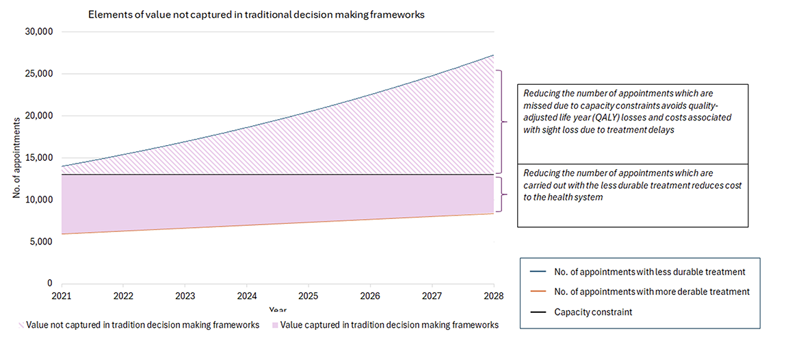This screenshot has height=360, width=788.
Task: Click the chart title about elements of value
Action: click(x=257, y=15)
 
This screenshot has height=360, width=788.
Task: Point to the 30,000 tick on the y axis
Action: click(x=40, y=32)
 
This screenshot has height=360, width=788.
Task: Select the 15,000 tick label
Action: click(x=40, y=158)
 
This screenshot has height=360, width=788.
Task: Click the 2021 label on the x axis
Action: click(x=62, y=296)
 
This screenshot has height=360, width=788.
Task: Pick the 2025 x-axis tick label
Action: click(x=308, y=296)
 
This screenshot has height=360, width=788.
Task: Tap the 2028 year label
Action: click(x=493, y=296)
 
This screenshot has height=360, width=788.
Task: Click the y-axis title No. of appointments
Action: click(x=16, y=158)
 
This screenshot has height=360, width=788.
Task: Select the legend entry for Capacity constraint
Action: click(x=592, y=312)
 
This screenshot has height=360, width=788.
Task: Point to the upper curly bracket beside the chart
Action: click(x=503, y=122)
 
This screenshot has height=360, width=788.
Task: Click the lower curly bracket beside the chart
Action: click(x=503, y=194)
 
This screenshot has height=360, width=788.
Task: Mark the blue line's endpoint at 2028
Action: click(x=493, y=55)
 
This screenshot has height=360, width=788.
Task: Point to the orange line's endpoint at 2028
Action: click(x=493, y=214)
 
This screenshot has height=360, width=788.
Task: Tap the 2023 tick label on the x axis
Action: click(x=185, y=296)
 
